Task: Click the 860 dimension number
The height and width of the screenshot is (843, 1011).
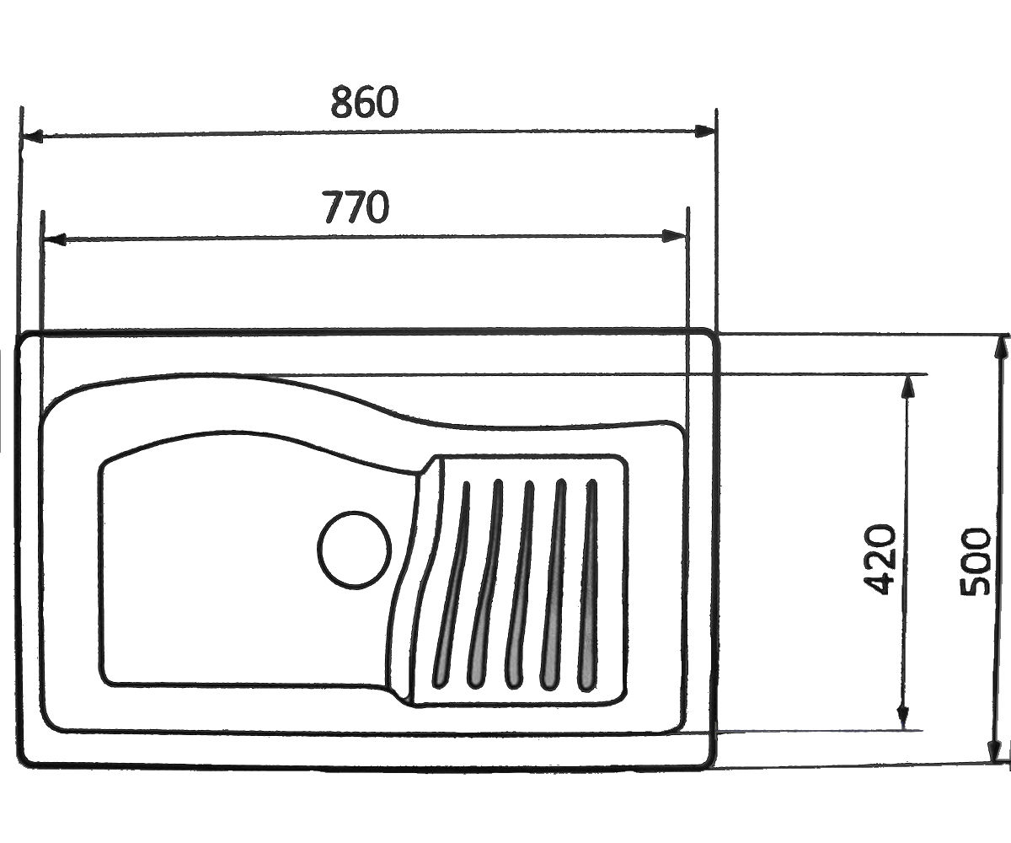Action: click(365, 103)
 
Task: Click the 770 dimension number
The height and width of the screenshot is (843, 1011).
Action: click(356, 207)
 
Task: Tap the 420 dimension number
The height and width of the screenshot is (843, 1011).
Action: click(879, 560)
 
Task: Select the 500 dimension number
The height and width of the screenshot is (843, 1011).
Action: click(975, 561)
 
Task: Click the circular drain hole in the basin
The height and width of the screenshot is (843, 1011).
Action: click(354, 550)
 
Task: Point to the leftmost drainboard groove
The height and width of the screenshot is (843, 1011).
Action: click(452, 584)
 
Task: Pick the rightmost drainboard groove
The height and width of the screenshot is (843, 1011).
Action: click(589, 584)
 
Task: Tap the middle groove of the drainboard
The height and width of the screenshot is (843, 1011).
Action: click(520, 584)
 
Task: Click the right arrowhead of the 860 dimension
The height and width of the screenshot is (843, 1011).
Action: click(703, 132)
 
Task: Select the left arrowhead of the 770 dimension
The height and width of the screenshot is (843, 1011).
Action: click(54, 239)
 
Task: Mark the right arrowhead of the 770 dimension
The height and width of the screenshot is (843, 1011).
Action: click(675, 236)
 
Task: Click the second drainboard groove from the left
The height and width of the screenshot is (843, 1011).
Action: click(485, 584)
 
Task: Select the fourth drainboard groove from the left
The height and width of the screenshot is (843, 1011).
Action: click(554, 584)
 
